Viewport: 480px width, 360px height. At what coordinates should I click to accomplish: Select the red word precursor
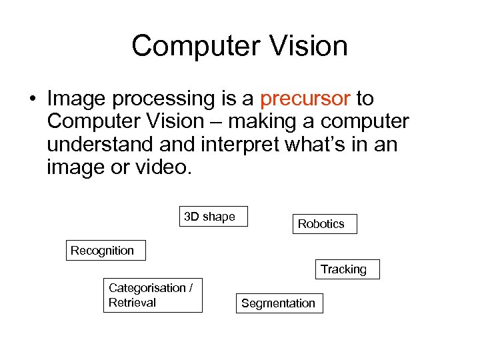coord(305,99)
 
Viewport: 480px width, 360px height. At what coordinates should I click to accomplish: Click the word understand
coord(93,145)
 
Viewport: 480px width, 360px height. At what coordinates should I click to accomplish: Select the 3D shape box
coord(213,217)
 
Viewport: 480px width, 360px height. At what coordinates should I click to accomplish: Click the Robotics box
coord(324,224)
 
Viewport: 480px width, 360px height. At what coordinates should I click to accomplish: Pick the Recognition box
coord(105,251)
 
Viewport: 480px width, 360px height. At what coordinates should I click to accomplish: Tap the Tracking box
coord(346,269)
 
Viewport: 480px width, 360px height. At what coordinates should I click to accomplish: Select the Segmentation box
coord(279,303)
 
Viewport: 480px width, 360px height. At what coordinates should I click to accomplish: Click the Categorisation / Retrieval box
coord(153,295)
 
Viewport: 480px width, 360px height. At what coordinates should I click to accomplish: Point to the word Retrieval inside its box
coord(132,303)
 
